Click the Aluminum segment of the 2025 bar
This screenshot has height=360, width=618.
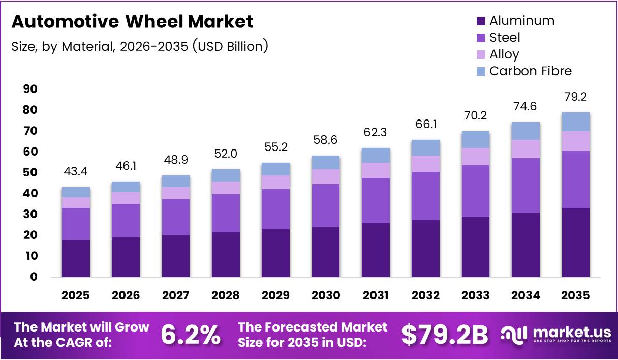76,258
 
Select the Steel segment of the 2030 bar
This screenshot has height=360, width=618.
326,205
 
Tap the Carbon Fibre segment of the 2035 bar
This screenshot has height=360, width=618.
575,122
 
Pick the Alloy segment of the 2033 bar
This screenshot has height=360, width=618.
476,157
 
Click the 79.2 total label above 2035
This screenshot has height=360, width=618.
575,97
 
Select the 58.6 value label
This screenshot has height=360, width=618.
326,140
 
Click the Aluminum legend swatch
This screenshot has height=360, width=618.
481,21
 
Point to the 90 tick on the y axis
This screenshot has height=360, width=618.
30,89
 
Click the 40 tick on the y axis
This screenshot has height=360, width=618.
30,194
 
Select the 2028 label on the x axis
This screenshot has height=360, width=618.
226,295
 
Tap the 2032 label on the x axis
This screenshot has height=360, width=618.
426,295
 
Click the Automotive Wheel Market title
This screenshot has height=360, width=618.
132,22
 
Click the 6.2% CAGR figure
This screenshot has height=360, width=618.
191,335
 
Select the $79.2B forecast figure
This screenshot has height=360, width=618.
444,335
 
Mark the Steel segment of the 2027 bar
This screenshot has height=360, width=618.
176,217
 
